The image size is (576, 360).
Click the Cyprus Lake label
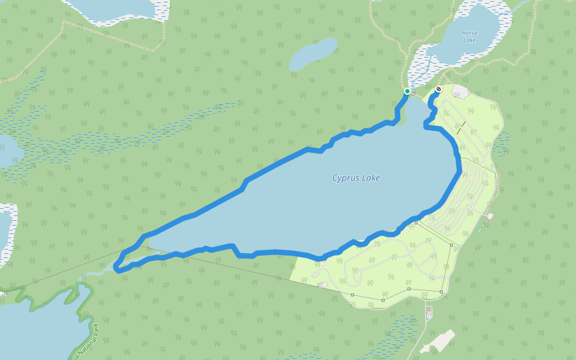[356, 178]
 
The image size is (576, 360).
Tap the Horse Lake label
[469, 36]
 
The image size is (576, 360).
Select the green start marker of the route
[407, 91]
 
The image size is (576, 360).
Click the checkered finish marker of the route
[439, 90]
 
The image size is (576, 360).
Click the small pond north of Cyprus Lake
[313, 55]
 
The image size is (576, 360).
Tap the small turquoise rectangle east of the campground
[480, 229]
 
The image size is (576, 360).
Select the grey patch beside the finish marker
[461, 91]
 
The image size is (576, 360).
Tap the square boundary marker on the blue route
[416, 223]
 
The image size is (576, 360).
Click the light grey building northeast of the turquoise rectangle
[490, 216]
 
